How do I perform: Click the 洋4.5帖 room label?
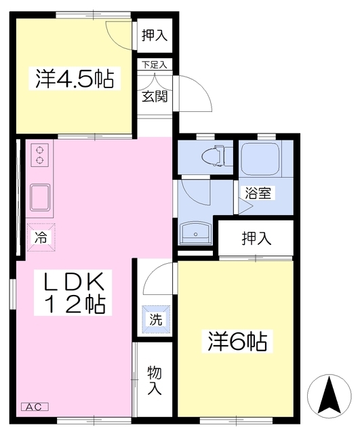(74, 79)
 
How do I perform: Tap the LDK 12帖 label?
(74, 292)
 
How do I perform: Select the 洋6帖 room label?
(236, 341)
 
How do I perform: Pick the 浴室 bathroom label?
(258, 193)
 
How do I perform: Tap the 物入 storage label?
(155, 380)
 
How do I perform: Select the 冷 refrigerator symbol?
(40, 237)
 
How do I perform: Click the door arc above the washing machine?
(157, 275)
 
